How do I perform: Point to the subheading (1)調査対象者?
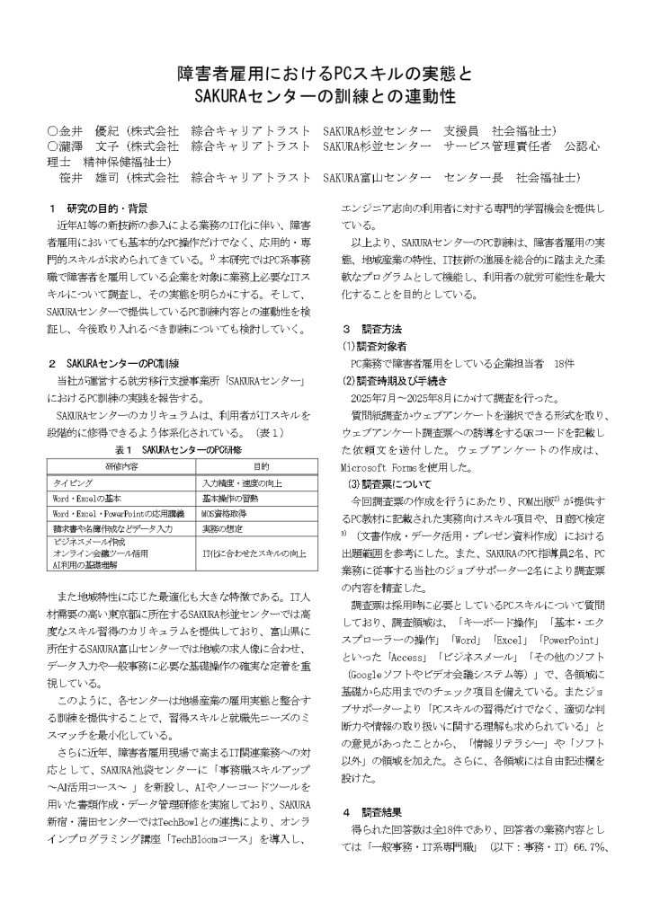coord(376,346)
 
